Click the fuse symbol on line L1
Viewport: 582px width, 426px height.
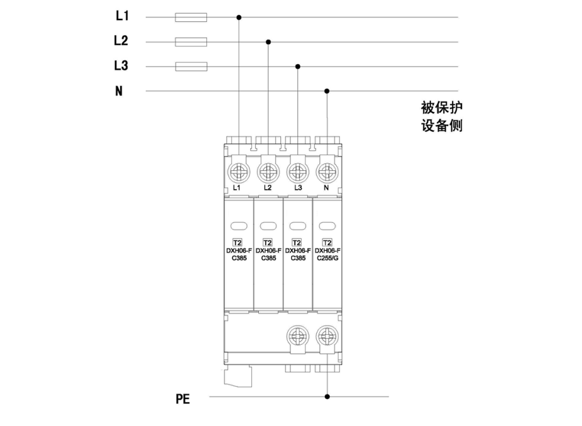click(190, 18)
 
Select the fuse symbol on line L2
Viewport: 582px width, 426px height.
click(190, 42)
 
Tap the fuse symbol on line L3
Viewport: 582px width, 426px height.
click(190, 67)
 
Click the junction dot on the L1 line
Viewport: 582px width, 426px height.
click(239, 18)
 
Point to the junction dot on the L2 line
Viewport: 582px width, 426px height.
click(268, 42)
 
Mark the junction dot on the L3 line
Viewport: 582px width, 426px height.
click(298, 67)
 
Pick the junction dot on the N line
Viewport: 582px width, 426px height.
click(327, 91)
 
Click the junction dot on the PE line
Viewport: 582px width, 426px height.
click(327, 396)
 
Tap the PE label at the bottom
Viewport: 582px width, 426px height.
click(182, 399)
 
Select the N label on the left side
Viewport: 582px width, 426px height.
click(119, 91)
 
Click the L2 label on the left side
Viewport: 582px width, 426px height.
click(121, 41)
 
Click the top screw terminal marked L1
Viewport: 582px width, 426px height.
click(238, 170)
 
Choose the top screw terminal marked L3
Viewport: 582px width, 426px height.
click(297, 170)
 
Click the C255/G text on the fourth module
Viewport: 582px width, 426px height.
click(327, 258)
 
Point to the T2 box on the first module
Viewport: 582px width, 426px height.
click(238, 243)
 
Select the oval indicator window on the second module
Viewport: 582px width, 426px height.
click(268, 226)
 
